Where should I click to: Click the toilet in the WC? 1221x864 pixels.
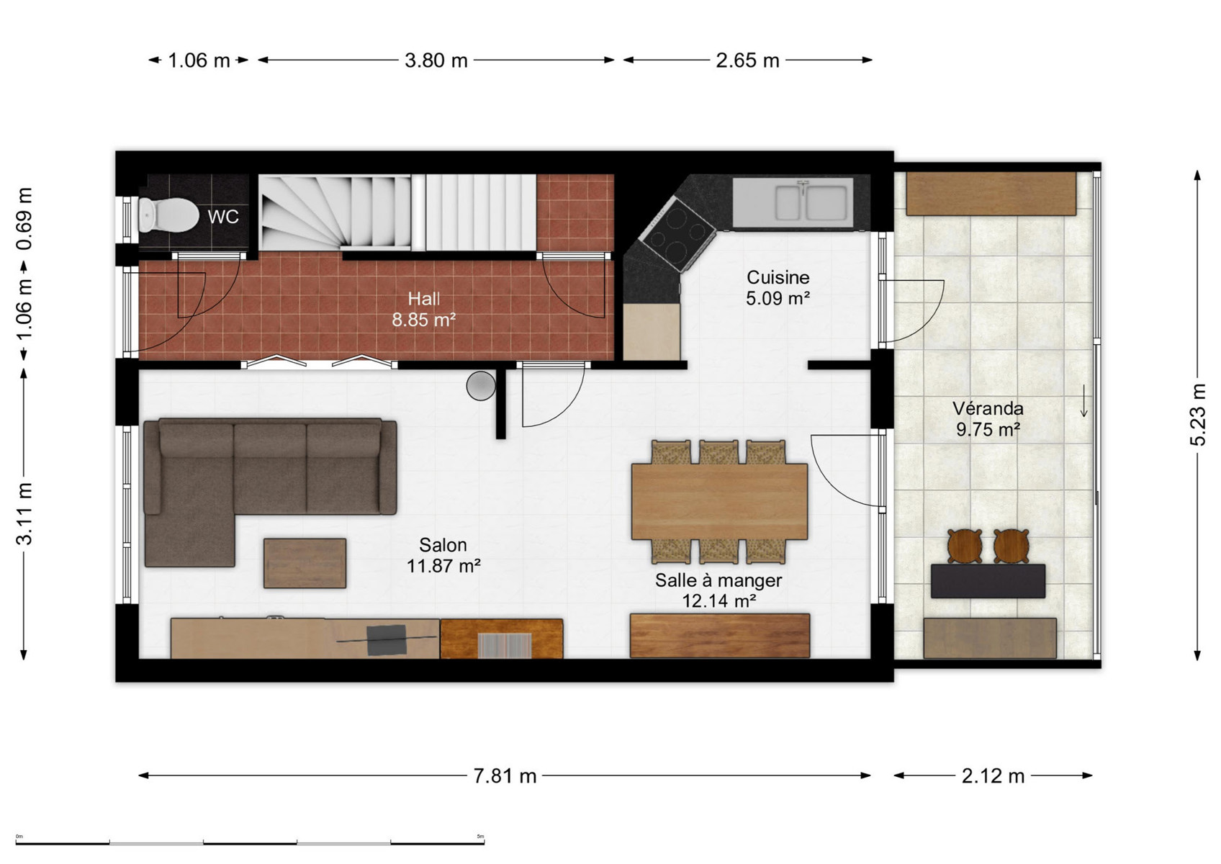coord(168,215)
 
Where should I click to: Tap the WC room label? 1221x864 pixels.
coord(223,217)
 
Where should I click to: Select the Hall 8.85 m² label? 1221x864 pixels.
coord(423,309)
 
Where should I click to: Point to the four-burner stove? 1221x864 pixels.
coord(677,235)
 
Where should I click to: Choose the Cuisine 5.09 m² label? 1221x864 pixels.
coord(778,288)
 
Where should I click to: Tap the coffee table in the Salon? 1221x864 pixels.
coord(305,563)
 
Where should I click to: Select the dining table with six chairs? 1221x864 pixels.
coord(719,502)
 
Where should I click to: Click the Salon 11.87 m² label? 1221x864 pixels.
coord(443,555)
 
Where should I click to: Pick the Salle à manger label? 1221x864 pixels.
coord(718,580)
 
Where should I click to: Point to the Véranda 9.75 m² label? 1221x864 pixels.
coord(988,418)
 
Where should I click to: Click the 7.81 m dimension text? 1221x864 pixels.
coord(505,775)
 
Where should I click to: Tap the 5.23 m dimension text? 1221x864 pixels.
coord(1197,415)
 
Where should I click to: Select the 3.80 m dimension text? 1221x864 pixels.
coord(436,60)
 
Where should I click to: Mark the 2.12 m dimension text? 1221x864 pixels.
coord(993,775)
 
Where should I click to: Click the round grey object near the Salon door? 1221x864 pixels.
coord(481,386)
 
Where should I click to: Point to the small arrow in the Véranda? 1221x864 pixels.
coord(1084,401)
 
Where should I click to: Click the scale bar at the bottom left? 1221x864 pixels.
coord(250,842)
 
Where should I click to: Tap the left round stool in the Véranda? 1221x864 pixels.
coord(965,546)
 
